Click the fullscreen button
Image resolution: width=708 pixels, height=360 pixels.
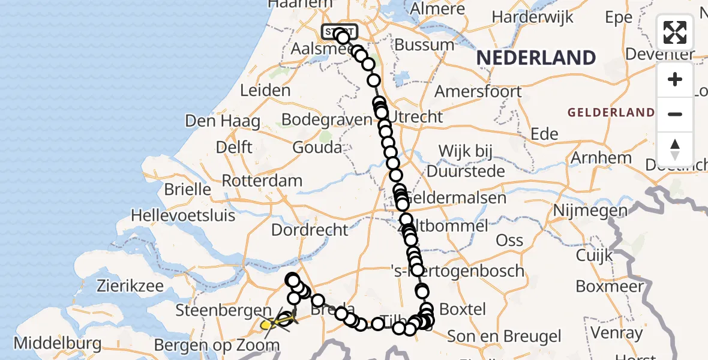point(675,32)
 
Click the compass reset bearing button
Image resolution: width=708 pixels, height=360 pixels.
point(675,149)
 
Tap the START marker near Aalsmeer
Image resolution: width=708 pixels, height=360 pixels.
point(340,31)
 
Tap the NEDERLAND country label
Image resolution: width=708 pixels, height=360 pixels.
point(536,58)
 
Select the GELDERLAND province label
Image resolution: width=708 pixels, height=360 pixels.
point(611,112)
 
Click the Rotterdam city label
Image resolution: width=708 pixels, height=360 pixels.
point(262,181)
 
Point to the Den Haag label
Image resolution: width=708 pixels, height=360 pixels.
point(223,121)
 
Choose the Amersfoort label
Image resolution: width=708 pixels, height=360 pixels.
point(478,92)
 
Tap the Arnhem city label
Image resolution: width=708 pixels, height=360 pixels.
point(602,158)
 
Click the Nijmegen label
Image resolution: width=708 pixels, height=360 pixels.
point(590,211)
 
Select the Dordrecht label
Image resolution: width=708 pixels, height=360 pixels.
point(310,230)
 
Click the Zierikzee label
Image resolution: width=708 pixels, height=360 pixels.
point(130,286)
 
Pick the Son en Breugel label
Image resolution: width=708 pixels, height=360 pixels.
point(505,337)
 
